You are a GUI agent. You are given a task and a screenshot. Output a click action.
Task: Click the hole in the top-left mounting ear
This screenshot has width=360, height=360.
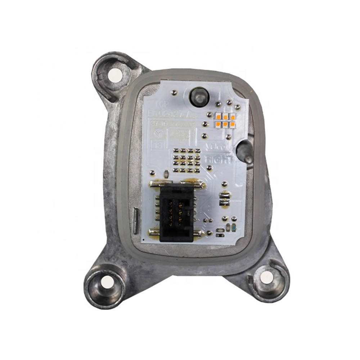[x=116, y=74]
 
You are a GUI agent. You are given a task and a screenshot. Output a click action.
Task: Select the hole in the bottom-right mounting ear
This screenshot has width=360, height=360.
[x=266, y=277]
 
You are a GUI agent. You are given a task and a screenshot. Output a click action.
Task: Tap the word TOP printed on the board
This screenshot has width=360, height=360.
[x=159, y=104]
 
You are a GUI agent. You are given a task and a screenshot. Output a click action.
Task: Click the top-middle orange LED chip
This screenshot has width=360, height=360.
[x=225, y=116]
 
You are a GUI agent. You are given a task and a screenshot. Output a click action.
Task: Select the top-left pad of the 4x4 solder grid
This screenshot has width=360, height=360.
[x=176, y=150]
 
